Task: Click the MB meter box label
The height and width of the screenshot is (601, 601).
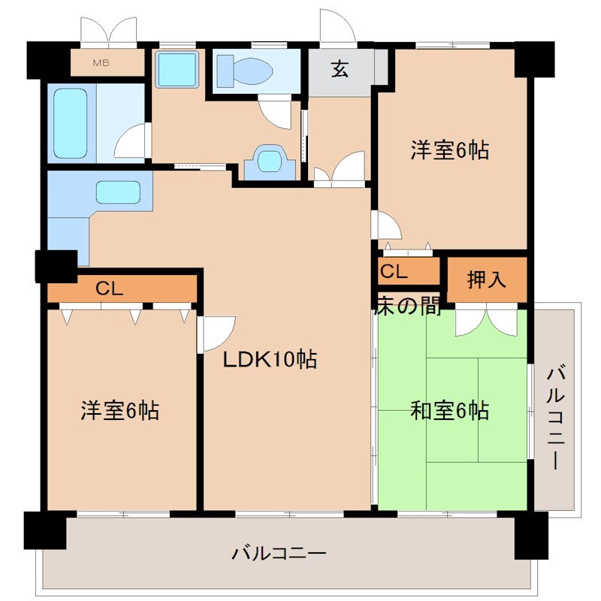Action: tap(101, 63)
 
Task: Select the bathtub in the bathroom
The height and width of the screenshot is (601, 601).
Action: tap(70, 123)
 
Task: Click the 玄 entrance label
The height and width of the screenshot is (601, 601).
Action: tap(340, 70)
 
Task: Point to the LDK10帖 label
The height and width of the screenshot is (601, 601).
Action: tap(270, 360)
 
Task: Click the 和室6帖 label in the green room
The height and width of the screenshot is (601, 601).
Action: tap(449, 410)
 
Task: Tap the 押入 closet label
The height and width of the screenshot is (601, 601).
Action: tap(486, 279)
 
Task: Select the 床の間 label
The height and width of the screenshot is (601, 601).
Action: tap(408, 306)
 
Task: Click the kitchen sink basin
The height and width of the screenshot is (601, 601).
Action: tap(118, 192)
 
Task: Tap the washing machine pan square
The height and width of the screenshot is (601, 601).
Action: tap(177, 69)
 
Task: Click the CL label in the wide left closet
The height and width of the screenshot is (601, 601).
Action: tap(109, 288)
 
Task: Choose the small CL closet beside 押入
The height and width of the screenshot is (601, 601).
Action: tap(408, 271)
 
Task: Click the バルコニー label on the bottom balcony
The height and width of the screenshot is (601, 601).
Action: tap(279, 554)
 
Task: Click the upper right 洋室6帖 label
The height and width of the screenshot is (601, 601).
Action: tap(449, 149)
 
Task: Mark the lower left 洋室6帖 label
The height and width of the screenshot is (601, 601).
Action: tap(120, 410)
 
